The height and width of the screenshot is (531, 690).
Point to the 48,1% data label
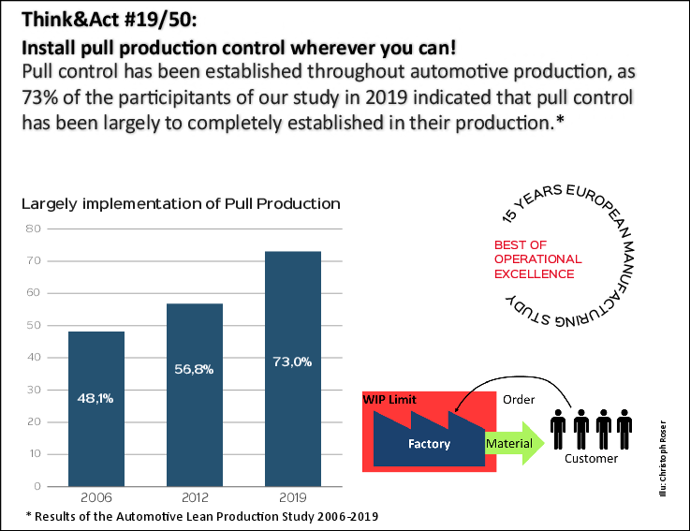pos(96,399)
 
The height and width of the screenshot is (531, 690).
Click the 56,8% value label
pos(194,369)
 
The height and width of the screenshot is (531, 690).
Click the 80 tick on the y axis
pos(34,229)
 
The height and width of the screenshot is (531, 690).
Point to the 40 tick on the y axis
pos(34,358)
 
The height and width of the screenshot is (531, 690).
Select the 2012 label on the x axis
pos(194,497)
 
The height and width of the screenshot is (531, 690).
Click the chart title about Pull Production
pos(181,203)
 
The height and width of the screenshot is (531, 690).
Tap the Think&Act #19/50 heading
pos(110,20)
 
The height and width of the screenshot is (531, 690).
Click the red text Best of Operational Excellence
pos(537,259)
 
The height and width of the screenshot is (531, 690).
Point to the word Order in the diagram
pos(519,400)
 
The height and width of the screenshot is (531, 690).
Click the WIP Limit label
pos(389,400)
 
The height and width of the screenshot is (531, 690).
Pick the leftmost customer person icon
pos(559,429)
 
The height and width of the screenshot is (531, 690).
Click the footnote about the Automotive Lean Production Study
pos(202,516)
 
